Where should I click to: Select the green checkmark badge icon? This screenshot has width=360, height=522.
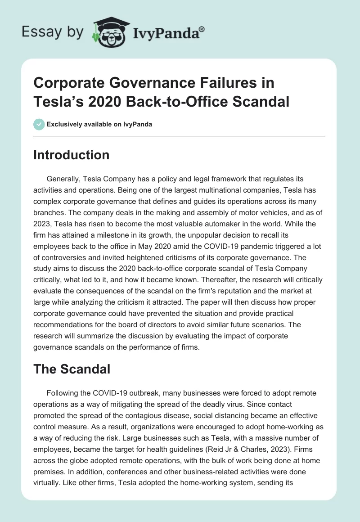39,124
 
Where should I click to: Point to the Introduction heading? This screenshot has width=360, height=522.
72,155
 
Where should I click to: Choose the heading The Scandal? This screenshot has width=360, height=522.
72,369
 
